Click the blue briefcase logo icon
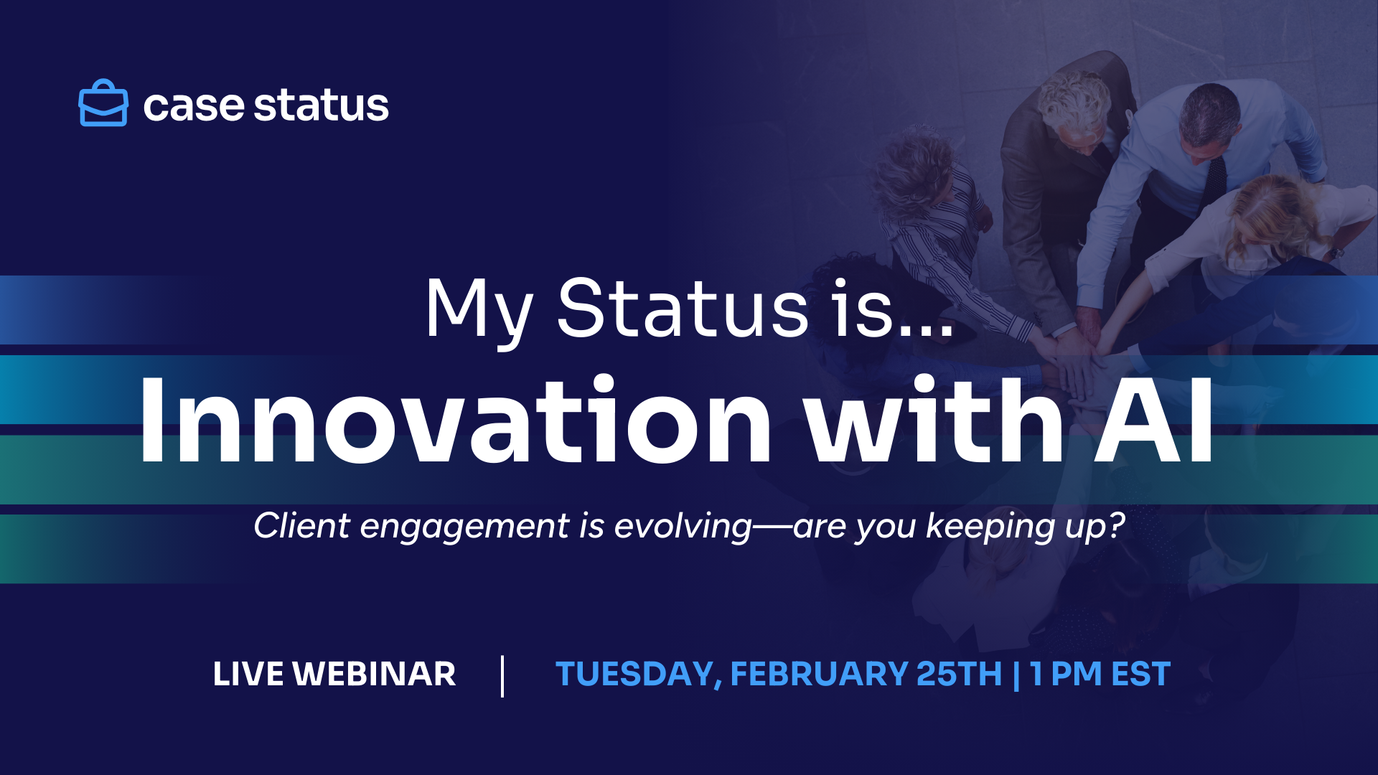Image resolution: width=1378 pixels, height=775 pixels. click(103, 103)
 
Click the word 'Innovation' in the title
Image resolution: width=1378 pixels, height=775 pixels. click(454, 420)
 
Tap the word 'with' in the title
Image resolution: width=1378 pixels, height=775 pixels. click(932, 420)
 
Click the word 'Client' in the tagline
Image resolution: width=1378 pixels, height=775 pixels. click(302, 525)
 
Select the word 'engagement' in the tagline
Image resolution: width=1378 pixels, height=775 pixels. click(464, 527)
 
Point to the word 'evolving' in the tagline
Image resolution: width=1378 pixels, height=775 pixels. click(683, 527)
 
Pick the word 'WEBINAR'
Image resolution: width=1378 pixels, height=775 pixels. click(375, 674)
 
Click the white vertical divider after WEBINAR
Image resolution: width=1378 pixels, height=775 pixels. click(502, 676)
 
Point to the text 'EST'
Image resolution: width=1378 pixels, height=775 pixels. click(1140, 674)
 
